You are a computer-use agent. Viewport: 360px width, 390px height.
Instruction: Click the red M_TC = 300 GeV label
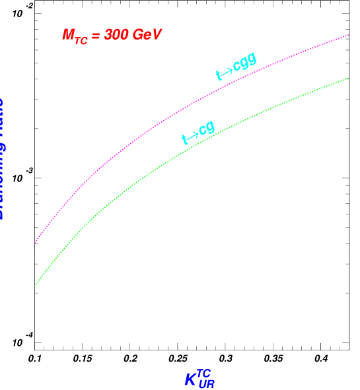click(x=112, y=36)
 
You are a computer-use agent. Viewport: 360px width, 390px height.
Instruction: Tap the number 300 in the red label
click(x=118, y=35)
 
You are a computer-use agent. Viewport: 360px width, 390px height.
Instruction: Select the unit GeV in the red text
click(x=147, y=35)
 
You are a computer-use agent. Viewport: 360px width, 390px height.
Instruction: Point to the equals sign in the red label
click(x=96, y=36)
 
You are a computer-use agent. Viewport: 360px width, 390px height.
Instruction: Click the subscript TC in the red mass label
click(x=81, y=41)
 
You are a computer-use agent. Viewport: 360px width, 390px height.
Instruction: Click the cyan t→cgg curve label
click(x=236, y=67)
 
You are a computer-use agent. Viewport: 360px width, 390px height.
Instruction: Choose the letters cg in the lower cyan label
click(x=207, y=128)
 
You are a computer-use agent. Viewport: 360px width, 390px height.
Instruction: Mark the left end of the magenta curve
click(x=35, y=242)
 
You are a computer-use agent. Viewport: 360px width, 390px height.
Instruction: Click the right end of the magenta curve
click(x=348, y=35)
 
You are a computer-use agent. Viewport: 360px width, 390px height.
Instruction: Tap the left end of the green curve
click(x=35, y=286)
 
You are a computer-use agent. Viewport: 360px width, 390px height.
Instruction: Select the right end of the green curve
click(x=348, y=79)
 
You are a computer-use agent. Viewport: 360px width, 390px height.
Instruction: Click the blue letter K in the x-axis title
click(x=190, y=380)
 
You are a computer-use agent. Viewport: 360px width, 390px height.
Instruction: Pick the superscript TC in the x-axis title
click(x=203, y=373)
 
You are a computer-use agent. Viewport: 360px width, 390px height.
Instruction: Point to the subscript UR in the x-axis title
click(x=206, y=384)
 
